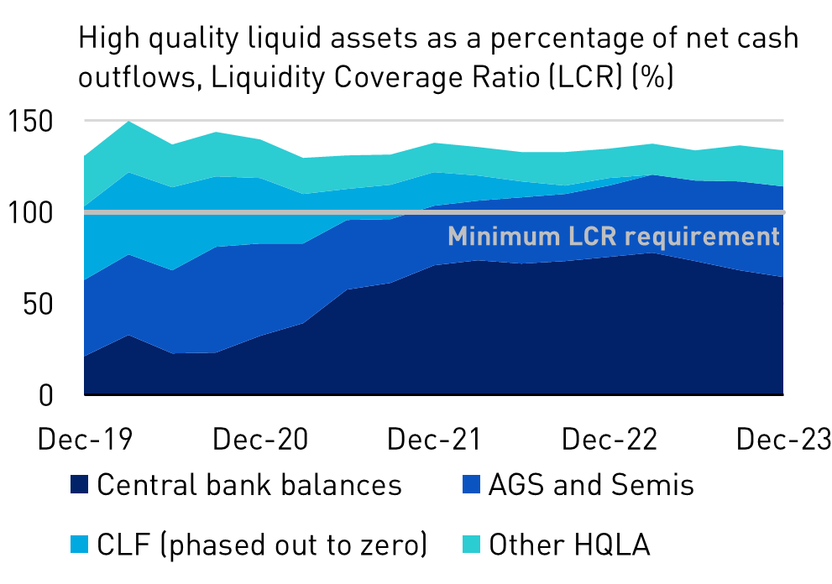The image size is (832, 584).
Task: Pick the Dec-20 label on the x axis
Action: tap(259, 439)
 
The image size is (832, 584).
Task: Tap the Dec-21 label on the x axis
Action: tap(434, 439)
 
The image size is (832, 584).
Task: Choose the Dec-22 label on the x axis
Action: tap(609, 439)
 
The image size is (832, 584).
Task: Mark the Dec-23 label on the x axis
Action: tap(782, 439)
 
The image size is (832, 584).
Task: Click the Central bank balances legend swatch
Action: tap(80, 485)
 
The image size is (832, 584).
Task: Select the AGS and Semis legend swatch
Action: tap(471, 485)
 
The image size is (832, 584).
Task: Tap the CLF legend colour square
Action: tap(80, 545)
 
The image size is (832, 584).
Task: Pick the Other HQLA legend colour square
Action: tap(471, 545)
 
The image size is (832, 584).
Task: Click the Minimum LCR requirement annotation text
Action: tap(614, 237)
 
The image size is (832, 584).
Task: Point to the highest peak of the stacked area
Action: tap(128, 122)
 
